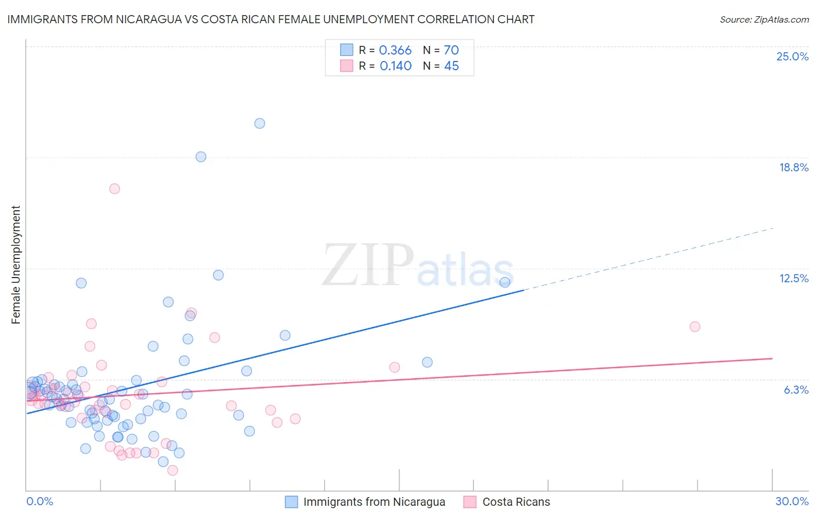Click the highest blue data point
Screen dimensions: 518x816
click(x=259, y=123)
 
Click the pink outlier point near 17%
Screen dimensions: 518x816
click(x=114, y=189)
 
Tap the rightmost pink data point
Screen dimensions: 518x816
click(x=695, y=326)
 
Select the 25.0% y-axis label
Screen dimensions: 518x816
click(x=792, y=56)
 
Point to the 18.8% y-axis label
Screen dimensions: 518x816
click(x=793, y=167)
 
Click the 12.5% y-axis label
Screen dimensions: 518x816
click(x=793, y=278)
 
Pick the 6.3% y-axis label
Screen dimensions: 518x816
click(x=796, y=390)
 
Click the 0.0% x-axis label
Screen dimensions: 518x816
click(x=39, y=501)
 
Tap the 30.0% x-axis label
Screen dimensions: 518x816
click(x=792, y=501)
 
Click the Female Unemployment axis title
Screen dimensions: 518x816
click(x=16, y=265)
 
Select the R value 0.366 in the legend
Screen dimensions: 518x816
click(x=395, y=51)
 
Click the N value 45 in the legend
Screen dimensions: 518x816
click(x=452, y=66)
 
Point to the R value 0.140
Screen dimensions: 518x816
click(x=396, y=66)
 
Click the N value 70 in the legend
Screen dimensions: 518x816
click(x=452, y=51)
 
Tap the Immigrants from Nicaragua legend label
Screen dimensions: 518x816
click(x=374, y=502)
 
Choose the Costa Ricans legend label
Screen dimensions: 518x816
click(x=516, y=502)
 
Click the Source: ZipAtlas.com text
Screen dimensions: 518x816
click(x=764, y=20)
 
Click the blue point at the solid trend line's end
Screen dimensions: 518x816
click(x=504, y=282)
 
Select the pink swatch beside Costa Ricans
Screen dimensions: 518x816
click(x=470, y=502)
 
